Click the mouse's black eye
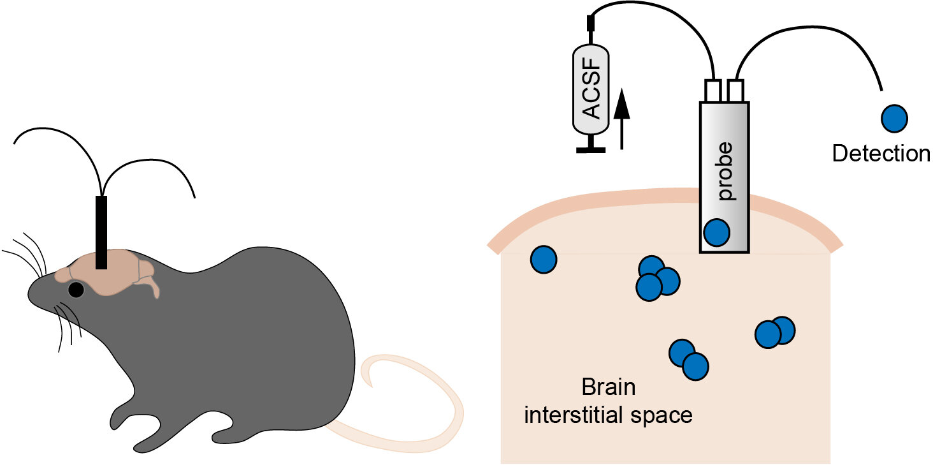tap(76, 290)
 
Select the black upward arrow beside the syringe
tap(622, 118)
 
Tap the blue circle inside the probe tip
tap(716, 232)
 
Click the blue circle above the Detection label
tap(894, 119)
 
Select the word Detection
tap(881, 153)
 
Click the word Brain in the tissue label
tap(609, 388)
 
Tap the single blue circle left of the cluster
tap(544, 260)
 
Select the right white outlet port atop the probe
tap(736, 91)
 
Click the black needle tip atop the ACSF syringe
tap(590, 24)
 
